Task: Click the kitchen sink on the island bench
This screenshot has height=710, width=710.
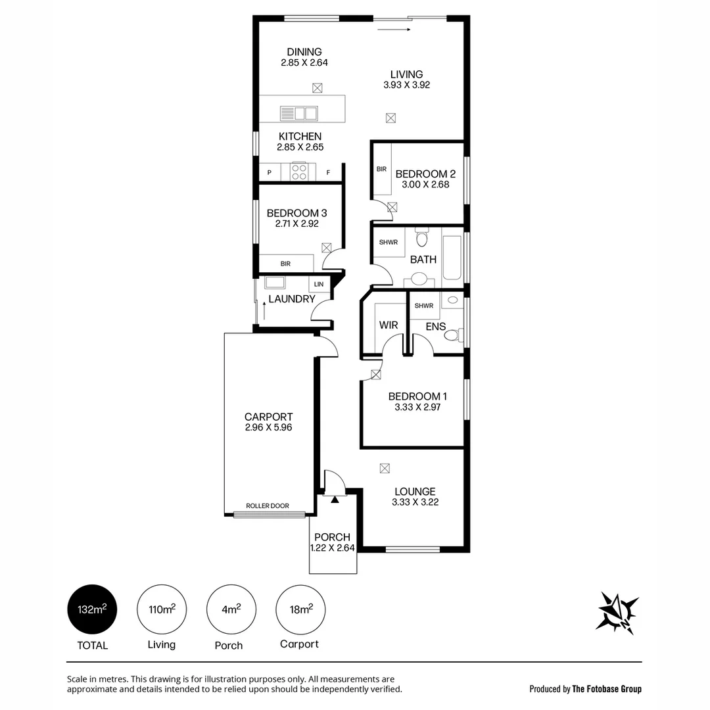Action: (x=298, y=113)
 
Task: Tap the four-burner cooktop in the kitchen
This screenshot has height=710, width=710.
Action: (x=299, y=172)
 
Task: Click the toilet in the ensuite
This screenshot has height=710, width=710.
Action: (x=452, y=335)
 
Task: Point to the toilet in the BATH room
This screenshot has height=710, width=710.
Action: (x=422, y=238)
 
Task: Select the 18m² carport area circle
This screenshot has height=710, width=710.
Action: (x=300, y=609)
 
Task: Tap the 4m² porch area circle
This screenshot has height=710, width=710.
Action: (x=231, y=609)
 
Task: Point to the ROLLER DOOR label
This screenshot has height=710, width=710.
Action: (x=267, y=506)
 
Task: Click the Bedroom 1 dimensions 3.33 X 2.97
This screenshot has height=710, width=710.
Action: (x=417, y=407)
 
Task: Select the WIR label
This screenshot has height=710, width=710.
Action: (x=389, y=325)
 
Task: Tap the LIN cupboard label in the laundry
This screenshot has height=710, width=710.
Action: (x=319, y=284)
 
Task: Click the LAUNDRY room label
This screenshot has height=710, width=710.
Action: (x=291, y=299)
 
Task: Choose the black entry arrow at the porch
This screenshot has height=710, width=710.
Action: (x=335, y=500)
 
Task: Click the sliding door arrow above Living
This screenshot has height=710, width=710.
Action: (x=394, y=29)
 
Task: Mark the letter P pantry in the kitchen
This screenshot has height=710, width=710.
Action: (x=269, y=173)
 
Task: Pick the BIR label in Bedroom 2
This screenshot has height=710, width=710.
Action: (x=381, y=169)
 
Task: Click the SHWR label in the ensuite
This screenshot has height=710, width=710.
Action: (x=423, y=306)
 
